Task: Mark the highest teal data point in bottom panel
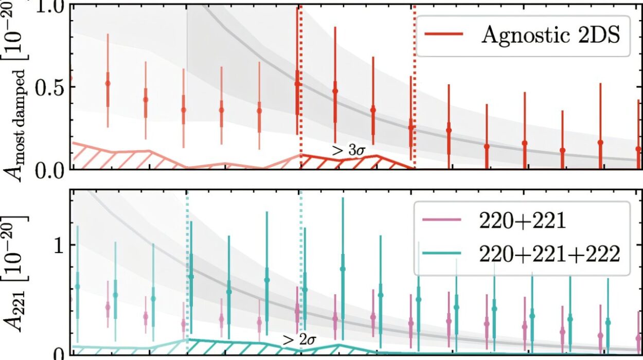pos(343,268)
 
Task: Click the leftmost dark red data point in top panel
pos(297,84)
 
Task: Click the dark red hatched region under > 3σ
pos(355,161)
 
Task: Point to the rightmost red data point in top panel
pos(638,149)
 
